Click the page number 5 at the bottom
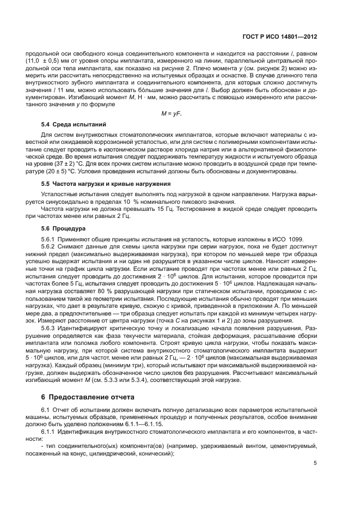315,463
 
